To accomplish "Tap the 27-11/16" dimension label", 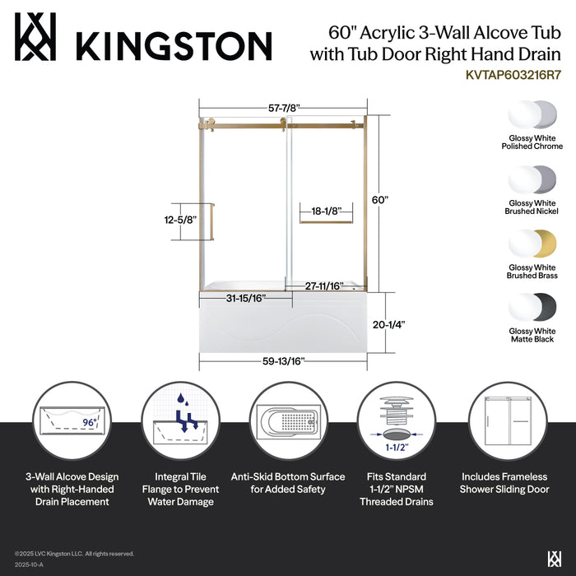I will pos(324,286).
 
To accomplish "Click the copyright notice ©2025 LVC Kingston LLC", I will pos(74,554).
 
